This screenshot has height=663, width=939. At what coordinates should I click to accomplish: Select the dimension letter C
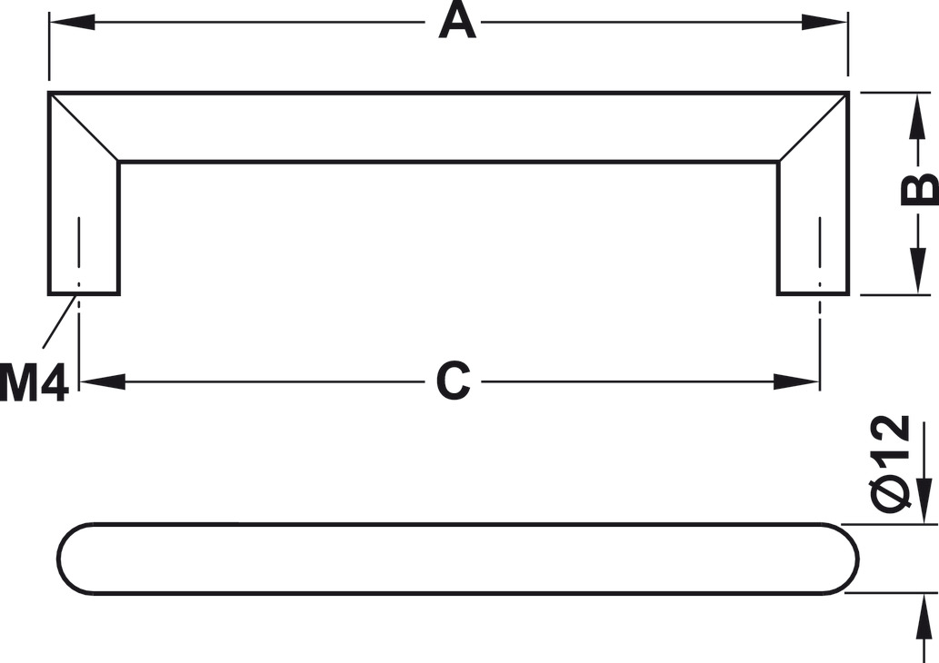[x=453, y=381]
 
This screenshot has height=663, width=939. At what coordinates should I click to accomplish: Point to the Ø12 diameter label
[x=891, y=464]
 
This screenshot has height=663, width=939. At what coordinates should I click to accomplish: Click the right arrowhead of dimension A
[x=824, y=23]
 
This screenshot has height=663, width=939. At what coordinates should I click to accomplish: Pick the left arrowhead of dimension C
[x=103, y=381]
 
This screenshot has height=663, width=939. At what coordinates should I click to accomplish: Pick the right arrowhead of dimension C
[x=796, y=381]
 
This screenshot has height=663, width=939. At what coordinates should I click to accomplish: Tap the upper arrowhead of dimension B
[x=917, y=116]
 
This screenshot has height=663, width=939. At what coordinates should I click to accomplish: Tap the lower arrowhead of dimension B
[x=917, y=271]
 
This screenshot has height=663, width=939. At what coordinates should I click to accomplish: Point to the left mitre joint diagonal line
[x=84, y=127]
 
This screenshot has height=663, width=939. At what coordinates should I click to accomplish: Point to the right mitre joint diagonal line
[x=814, y=127]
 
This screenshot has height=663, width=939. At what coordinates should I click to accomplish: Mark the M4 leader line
[x=61, y=322]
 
